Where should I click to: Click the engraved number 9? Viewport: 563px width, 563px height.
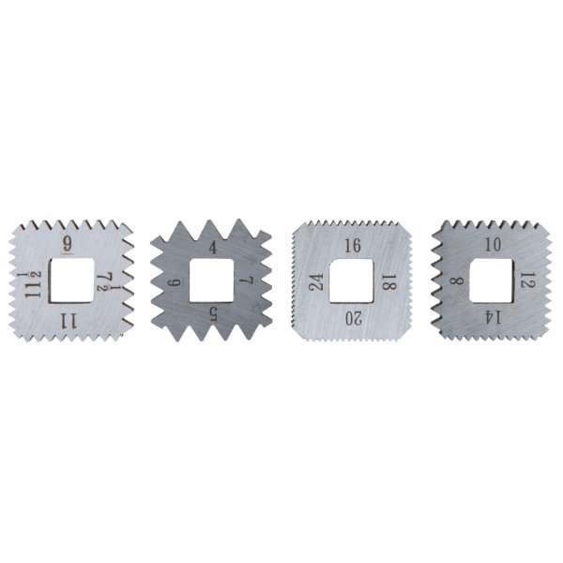[x=68, y=244]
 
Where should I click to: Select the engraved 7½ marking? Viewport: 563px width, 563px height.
[x=109, y=281]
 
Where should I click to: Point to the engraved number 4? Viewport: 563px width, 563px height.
[x=213, y=248]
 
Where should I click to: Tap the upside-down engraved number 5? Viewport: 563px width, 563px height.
[x=213, y=315]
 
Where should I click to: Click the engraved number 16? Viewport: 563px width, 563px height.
[x=353, y=246]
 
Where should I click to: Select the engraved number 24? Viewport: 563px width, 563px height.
[x=316, y=281]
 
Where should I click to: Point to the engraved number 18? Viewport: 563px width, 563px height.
[x=388, y=282]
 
